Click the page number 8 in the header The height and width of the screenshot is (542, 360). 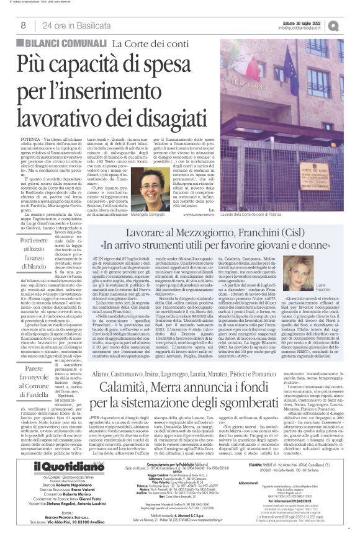pos(23,25)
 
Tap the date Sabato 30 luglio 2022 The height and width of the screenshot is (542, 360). pos(309,22)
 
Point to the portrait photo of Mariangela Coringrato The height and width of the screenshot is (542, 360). pos(154,188)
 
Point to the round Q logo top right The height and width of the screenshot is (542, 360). pos(351,25)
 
